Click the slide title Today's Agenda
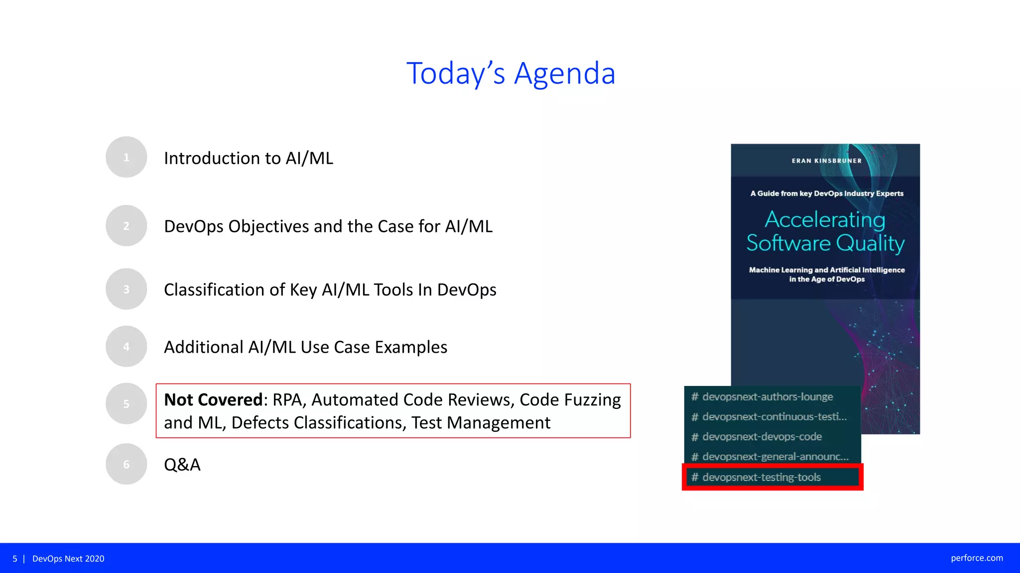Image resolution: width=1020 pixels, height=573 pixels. pyautogui.click(x=510, y=73)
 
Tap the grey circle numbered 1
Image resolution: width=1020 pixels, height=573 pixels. pyautogui.click(x=126, y=157)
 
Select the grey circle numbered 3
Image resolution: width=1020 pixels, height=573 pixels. pyautogui.click(x=126, y=289)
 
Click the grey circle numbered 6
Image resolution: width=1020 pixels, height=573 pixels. pyautogui.click(x=126, y=464)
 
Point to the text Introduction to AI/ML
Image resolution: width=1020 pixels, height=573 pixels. pyautogui.click(x=249, y=158)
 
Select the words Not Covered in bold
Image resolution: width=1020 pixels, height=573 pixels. pyautogui.click(x=213, y=400)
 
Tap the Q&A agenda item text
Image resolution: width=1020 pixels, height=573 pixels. pyautogui.click(x=182, y=465)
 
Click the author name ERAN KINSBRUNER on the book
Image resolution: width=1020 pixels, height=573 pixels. pyautogui.click(x=826, y=161)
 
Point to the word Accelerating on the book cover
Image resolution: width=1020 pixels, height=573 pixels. pyautogui.click(x=825, y=219)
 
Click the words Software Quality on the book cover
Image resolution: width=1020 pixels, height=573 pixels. pyautogui.click(x=825, y=243)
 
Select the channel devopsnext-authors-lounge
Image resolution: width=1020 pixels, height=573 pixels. pyautogui.click(x=767, y=397)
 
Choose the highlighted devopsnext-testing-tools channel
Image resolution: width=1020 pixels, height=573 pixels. pyautogui.click(x=761, y=477)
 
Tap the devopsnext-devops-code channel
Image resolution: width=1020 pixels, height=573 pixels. pyautogui.click(x=762, y=437)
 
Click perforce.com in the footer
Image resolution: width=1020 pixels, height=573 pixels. pyautogui.click(x=977, y=558)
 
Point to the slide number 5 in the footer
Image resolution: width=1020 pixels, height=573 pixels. pyautogui.click(x=15, y=559)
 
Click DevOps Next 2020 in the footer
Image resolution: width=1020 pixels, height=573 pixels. pyautogui.click(x=68, y=559)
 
